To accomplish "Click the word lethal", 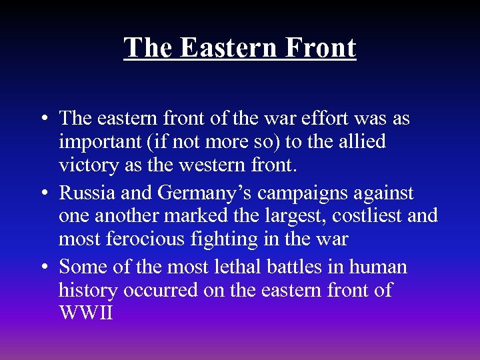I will (252, 267).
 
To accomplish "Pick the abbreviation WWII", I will (86, 313).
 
